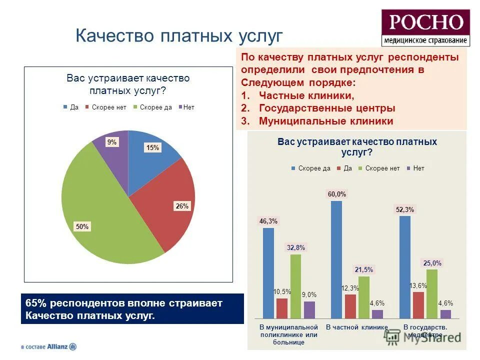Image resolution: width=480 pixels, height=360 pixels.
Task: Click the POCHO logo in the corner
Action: pos(425,28)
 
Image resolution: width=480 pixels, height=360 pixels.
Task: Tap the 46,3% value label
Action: pos(268,220)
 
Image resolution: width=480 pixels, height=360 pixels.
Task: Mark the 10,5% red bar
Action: pos(282,308)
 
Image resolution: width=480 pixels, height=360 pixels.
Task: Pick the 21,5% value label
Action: pos(364,269)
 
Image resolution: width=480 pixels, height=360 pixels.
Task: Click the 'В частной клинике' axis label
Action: pos(356,327)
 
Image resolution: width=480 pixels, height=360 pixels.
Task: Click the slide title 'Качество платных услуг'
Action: pos(178,36)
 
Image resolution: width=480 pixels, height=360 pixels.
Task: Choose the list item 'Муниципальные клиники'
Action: pos(325,121)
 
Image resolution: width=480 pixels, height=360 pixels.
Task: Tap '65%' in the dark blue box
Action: pos(35,303)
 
